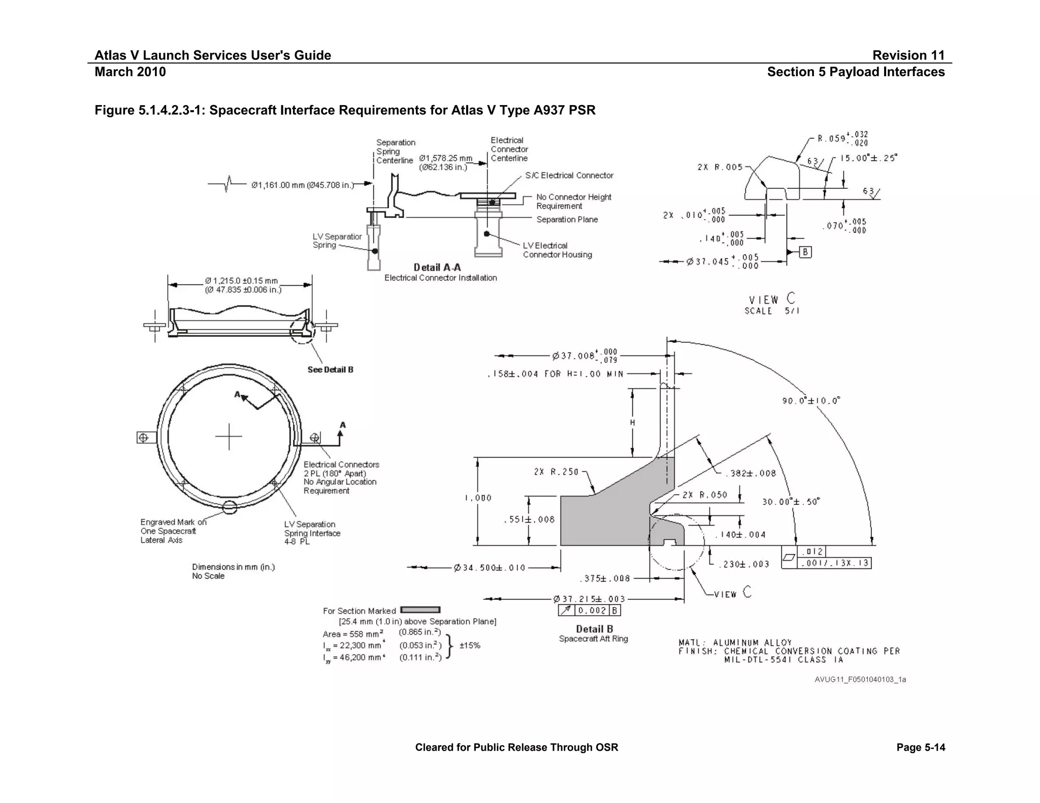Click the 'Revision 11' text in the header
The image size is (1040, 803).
click(x=908, y=55)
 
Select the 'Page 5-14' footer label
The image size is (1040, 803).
click(x=920, y=747)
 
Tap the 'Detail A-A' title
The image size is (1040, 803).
click(x=437, y=267)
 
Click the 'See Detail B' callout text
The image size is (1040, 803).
click(x=330, y=370)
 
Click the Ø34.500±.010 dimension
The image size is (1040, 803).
click(x=490, y=567)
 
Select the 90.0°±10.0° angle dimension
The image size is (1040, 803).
click(x=811, y=401)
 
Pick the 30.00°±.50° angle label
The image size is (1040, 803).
click(x=791, y=501)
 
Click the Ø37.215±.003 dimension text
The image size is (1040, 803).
click(x=589, y=599)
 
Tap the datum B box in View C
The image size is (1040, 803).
click(x=805, y=252)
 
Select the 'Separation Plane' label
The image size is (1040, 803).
click(x=567, y=219)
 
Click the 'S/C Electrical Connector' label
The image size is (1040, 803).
click(x=569, y=176)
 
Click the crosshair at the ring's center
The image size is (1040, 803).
click(x=229, y=436)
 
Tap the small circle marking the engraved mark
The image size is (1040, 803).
click(x=230, y=507)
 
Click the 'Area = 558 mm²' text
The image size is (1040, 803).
click(x=352, y=634)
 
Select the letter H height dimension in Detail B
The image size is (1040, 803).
click(x=632, y=422)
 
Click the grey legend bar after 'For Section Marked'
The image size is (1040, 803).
click(x=420, y=610)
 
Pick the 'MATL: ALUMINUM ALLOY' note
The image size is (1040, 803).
click(x=735, y=643)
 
